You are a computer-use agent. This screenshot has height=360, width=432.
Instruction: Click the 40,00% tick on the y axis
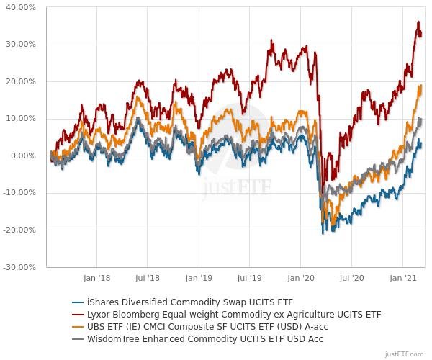[21, 7]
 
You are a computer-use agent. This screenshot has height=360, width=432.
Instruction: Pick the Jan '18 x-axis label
[96, 277]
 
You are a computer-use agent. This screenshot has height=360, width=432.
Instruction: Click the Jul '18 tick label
[148, 277]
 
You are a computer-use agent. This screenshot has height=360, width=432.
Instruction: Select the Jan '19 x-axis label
[199, 277]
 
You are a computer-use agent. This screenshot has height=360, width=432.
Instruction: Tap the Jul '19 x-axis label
[249, 277]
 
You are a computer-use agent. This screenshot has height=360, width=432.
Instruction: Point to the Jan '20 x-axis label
[300, 277]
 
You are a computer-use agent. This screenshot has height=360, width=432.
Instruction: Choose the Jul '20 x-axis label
[351, 277]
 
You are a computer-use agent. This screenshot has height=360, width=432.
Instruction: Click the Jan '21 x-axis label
[402, 277]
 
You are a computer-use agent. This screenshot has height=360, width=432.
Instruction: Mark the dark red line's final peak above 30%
[418, 22]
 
